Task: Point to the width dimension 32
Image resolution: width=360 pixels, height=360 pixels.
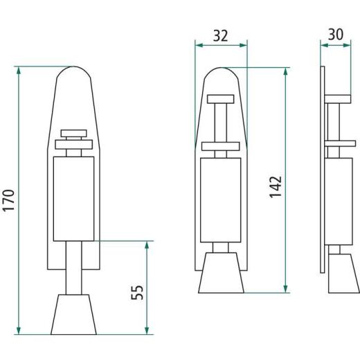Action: pyautogui.click(x=221, y=35)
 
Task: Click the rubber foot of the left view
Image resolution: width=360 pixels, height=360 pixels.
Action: pyautogui.click(x=73, y=315)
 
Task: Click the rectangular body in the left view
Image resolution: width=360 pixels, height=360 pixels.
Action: pyautogui.click(x=73, y=197)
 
